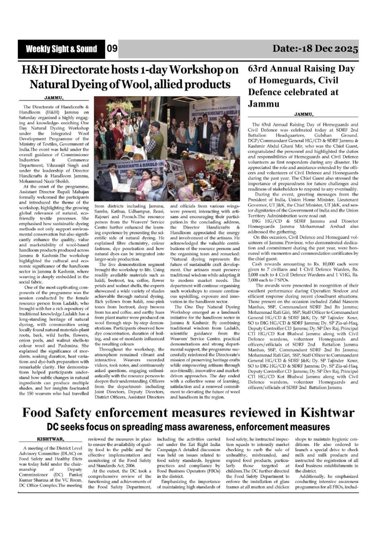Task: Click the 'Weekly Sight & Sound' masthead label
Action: (61, 49)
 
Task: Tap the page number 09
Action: (112, 48)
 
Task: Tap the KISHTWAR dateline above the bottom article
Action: (51, 439)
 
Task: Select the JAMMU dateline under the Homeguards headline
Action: (304, 114)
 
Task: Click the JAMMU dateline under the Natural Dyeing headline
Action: (54, 98)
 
